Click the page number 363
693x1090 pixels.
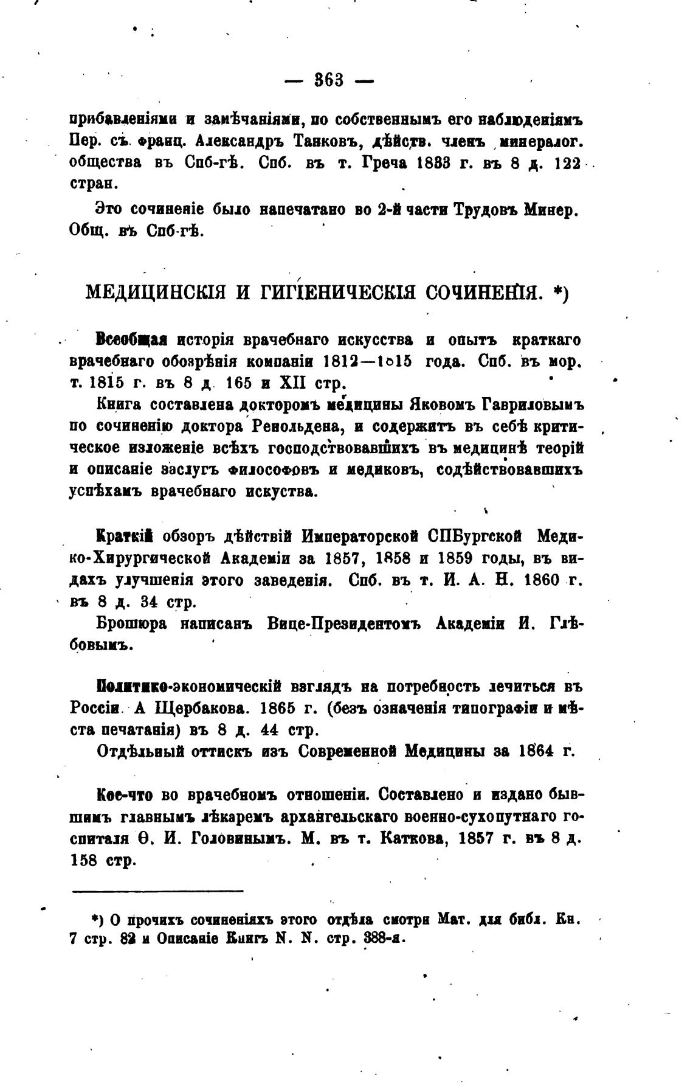[329, 80]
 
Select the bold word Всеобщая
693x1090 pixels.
[132, 339]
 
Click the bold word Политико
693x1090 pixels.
[134, 687]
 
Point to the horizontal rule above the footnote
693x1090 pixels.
[157, 891]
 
